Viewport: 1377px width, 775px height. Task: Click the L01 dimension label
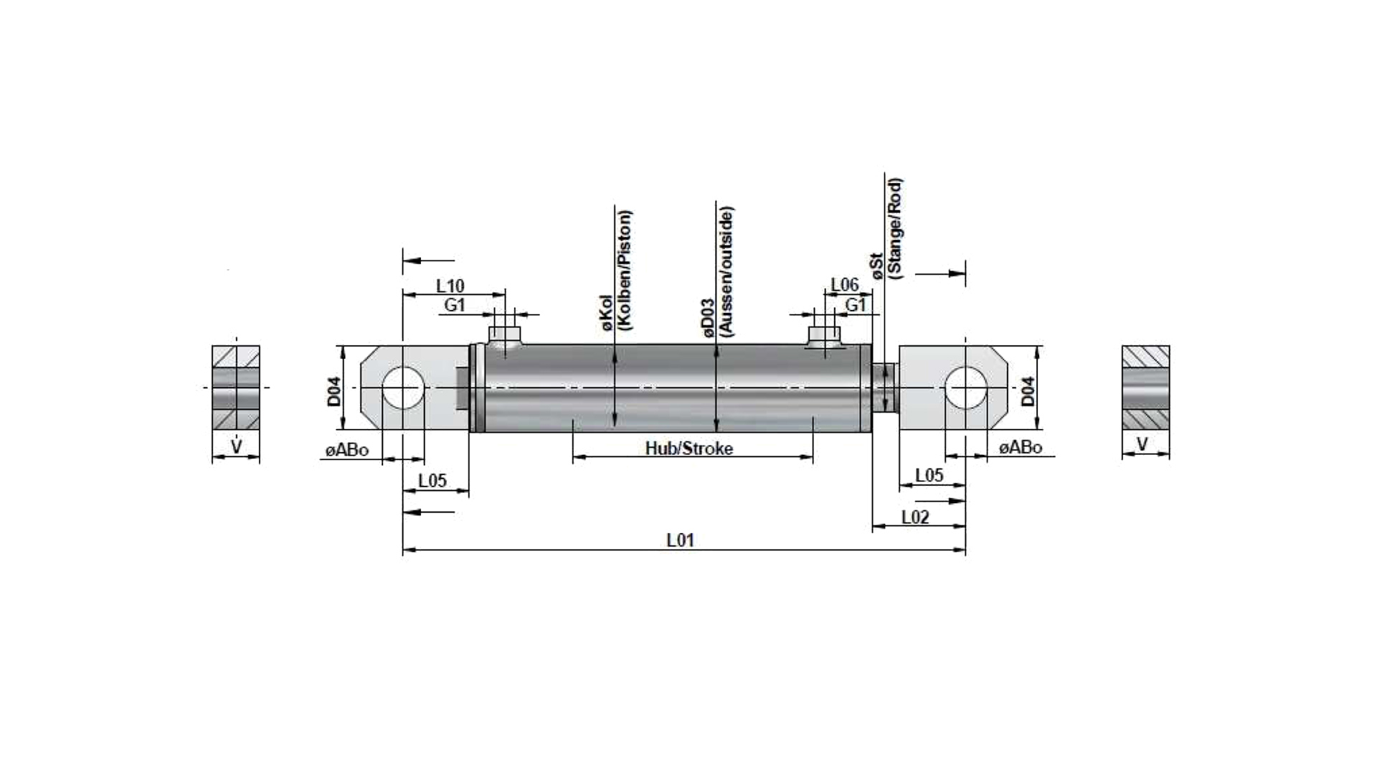pyautogui.click(x=681, y=540)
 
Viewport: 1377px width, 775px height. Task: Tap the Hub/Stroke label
pyautogui.click(x=689, y=448)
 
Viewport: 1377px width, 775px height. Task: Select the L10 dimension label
pyautogui.click(x=450, y=286)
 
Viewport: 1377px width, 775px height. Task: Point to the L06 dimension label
pyautogui.click(x=845, y=285)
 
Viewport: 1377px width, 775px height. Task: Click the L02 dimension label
pyautogui.click(x=915, y=517)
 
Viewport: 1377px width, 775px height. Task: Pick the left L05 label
pyautogui.click(x=432, y=480)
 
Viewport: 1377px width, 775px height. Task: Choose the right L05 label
pyautogui.click(x=929, y=475)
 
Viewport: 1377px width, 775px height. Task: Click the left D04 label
pyautogui.click(x=334, y=392)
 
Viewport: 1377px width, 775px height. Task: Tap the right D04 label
pyautogui.click(x=1028, y=392)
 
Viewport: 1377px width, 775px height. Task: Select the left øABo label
pyautogui.click(x=347, y=450)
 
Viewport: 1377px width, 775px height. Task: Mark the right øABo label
pyautogui.click(x=1021, y=448)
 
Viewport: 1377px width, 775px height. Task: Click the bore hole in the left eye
pyautogui.click(x=403, y=387)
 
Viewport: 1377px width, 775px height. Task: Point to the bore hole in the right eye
pyautogui.click(x=965, y=387)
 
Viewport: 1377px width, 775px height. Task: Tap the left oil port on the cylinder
pyautogui.click(x=504, y=336)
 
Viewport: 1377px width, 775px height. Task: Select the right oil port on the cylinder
pyautogui.click(x=824, y=336)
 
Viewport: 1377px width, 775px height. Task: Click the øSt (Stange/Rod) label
pyautogui.click(x=886, y=227)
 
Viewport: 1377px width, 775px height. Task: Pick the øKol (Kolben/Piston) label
pyautogui.click(x=615, y=270)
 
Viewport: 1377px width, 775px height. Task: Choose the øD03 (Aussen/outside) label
pyautogui.click(x=716, y=272)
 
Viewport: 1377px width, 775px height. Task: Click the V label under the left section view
pyautogui.click(x=236, y=446)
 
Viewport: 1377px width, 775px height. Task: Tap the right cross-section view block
pyautogui.click(x=1145, y=388)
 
